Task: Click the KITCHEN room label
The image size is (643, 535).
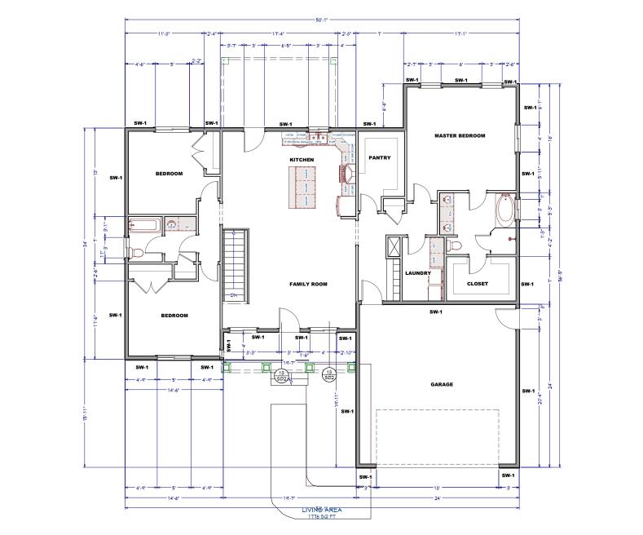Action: tap(302, 159)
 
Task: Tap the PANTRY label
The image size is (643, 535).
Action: tap(380, 157)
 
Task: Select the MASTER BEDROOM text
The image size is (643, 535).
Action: tap(460, 135)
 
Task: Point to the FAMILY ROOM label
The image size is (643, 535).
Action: tap(308, 284)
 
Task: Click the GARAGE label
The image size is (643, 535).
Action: tap(442, 384)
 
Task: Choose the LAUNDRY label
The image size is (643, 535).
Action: tap(417, 272)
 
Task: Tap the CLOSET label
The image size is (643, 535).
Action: tap(478, 284)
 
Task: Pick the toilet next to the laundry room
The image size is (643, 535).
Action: tap(456, 245)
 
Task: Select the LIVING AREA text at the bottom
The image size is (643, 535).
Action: tap(321, 511)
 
